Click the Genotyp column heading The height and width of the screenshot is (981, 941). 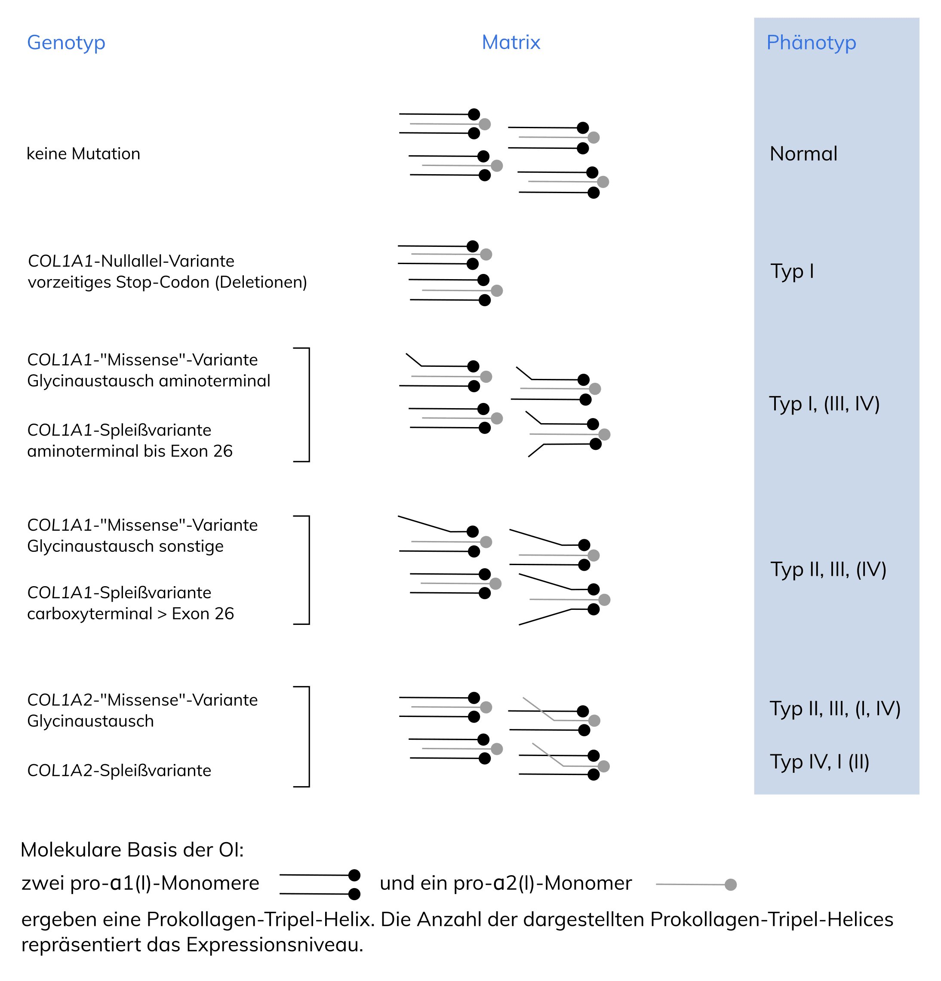66,43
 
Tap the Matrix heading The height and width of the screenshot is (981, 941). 510,43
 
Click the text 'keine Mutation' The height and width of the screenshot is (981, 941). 83,154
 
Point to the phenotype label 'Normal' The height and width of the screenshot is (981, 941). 803,154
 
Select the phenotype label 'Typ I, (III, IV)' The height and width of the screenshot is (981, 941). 824,404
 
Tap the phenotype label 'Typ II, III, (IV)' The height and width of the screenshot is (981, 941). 828,569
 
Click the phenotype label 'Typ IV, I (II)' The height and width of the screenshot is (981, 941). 819,762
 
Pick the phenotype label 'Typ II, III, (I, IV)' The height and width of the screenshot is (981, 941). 834,709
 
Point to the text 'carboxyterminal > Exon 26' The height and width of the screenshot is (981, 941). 130,614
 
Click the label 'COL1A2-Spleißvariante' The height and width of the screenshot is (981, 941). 119,770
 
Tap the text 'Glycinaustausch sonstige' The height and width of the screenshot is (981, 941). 125,546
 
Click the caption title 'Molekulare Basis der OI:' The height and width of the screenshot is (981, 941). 132,850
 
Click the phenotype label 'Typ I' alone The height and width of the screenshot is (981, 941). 792,271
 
